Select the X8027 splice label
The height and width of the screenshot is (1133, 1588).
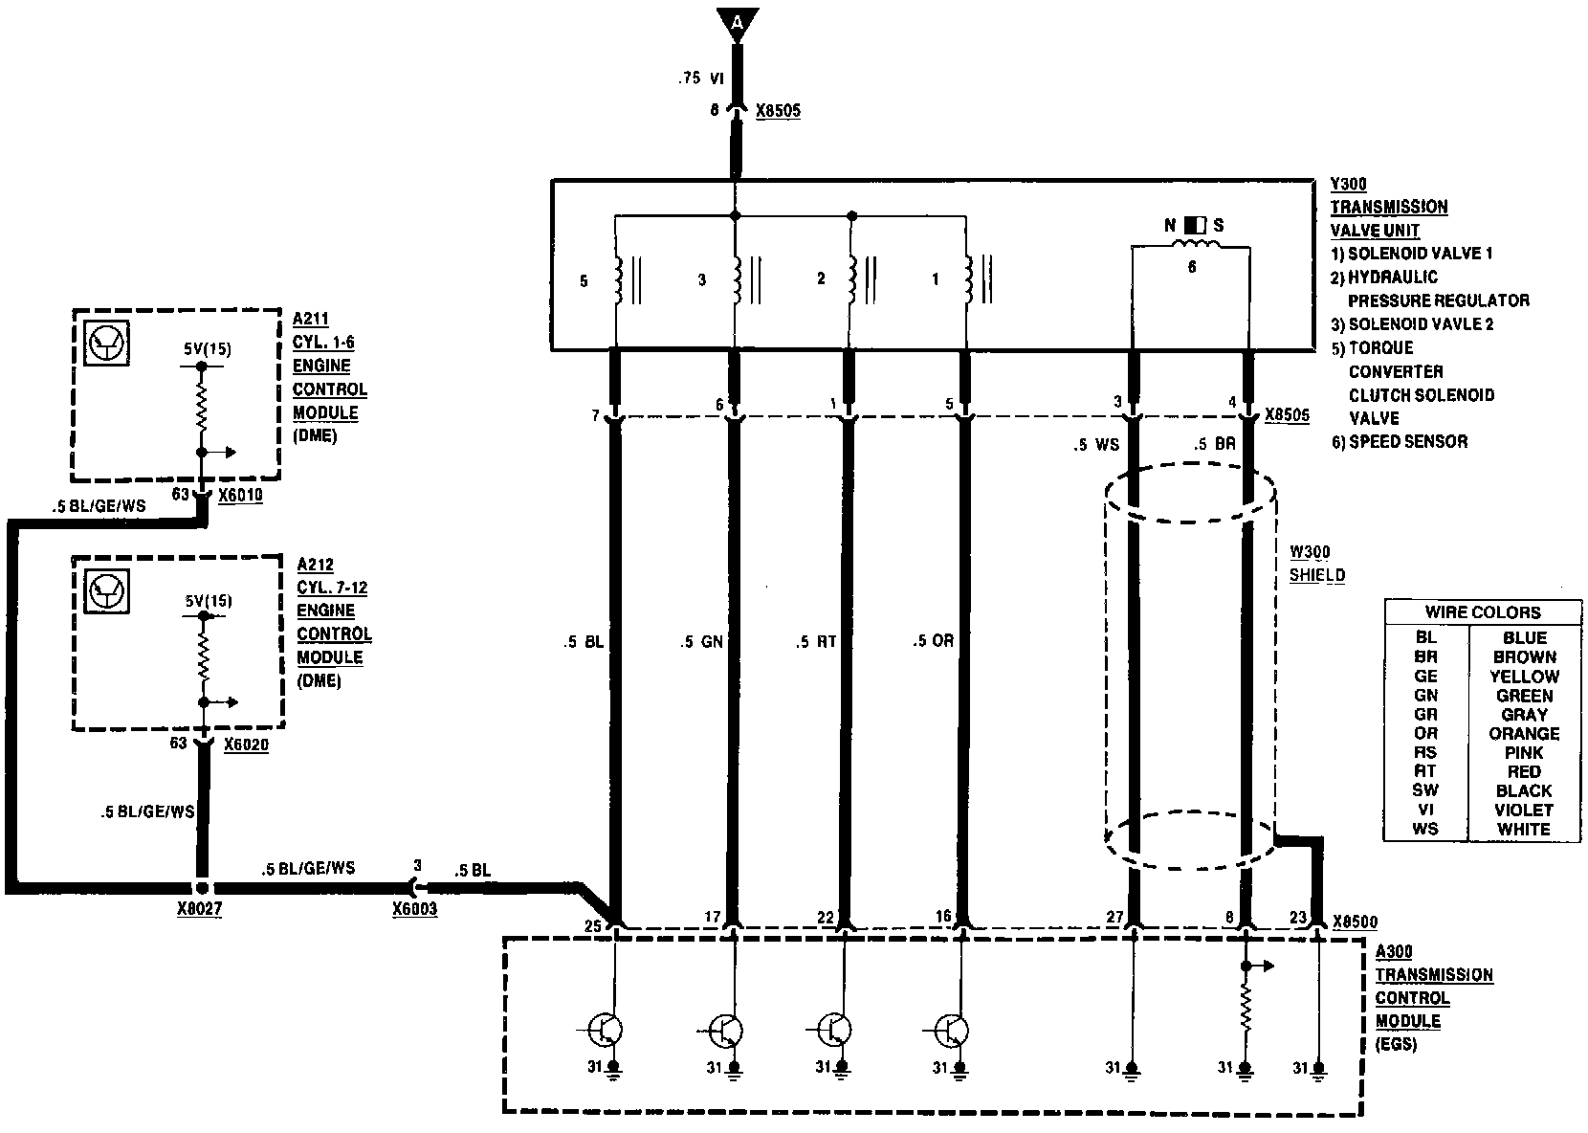click(199, 909)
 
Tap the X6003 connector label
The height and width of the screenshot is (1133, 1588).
click(414, 909)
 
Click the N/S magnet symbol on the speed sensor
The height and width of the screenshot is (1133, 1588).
click(1195, 226)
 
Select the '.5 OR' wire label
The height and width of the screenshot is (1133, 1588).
click(933, 641)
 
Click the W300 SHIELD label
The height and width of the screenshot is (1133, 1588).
click(1316, 564)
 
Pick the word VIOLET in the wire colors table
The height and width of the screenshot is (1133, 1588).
click(1523, 810)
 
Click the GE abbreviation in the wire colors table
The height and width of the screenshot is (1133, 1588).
click(1425, 677)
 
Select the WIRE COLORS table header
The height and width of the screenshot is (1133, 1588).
click(1482, 612)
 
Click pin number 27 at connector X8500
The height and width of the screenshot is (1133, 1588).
click(1114, 918)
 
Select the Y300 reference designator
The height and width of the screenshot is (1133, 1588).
click(1347, 184)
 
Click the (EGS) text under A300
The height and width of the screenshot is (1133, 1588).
click(1396, 1045)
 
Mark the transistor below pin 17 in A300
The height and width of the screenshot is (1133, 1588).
click(728, 1031)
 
